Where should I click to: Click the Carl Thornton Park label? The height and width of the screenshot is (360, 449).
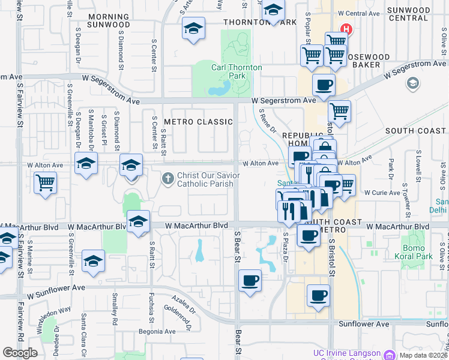click(x=237, y=71)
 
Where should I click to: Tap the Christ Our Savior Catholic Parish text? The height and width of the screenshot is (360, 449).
click(x=205, y=179)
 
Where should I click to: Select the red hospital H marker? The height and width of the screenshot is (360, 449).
click(x=346, y=29)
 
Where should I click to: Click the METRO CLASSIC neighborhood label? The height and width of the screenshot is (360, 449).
click(x=198, y=122)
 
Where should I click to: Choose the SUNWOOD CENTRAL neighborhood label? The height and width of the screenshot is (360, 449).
click(x=408, y=14)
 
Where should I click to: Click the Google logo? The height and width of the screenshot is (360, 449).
click(x=20, y=353)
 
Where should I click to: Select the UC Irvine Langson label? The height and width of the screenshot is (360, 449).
click(x=348, y=353)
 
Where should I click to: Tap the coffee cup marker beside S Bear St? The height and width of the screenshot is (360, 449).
click(x=250, y=280)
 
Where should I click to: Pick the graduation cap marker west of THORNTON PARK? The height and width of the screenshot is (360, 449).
click(x=193, y=28)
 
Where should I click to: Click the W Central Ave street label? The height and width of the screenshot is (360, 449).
click(x=359, y=13)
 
